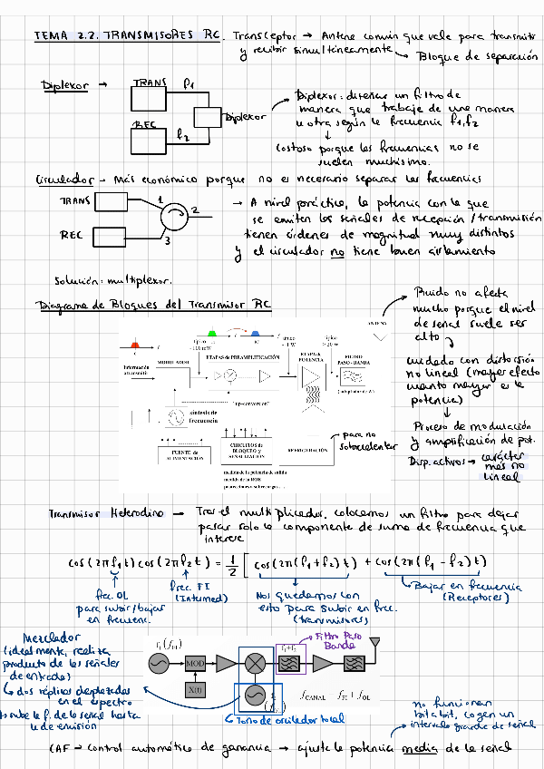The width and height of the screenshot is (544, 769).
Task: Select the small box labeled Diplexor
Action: coord(210,119)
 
